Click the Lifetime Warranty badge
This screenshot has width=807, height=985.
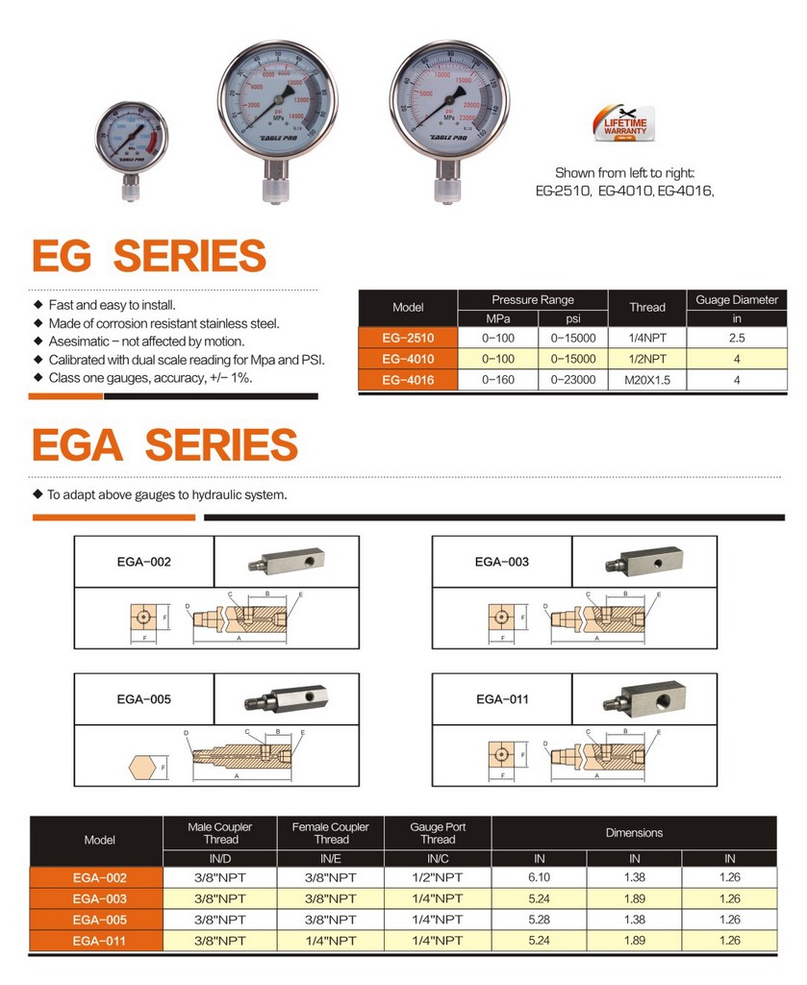(x=625, y=126)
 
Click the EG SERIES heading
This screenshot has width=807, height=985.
(x=149, y=256)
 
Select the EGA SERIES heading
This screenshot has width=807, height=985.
(x=164, y=444)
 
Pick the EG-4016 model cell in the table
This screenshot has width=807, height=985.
(x=408, y=380)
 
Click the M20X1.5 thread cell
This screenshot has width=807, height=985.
(x=646, y=380)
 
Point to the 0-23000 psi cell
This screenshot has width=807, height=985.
(x=573, y=380)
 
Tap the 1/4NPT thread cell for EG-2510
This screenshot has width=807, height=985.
(x=646, y=338)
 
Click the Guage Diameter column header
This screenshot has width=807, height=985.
(x=737, y=300)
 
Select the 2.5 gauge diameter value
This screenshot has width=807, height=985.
(x=737, y=338)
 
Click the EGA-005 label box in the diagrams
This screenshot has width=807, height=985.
(x=143, y=699)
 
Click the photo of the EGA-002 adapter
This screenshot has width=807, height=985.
(x=285, y=560)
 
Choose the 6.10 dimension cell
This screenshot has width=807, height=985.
(x=539, y=877)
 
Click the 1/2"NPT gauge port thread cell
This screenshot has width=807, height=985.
(x=437, y=877)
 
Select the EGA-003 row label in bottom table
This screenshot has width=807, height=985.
(x=99, y=898)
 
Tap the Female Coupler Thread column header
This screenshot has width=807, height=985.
(x=331, y=833)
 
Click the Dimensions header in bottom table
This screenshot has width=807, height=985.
(x=634, y=833)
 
